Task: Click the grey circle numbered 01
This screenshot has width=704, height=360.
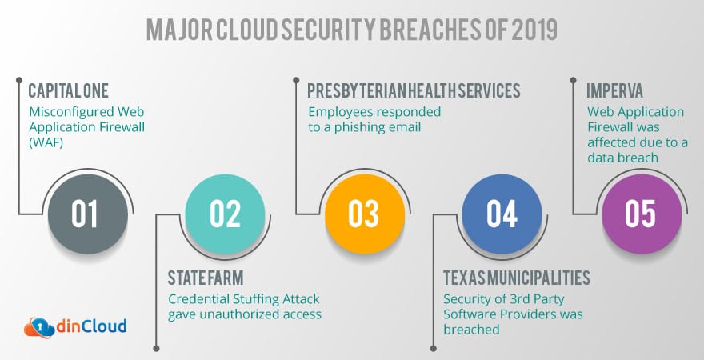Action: [x=88, y=214]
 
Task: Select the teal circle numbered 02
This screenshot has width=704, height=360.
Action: [x=225, y=214]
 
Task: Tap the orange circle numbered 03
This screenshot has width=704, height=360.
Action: [x=365, y=214]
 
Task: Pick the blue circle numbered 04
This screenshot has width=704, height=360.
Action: [x=502, y=214]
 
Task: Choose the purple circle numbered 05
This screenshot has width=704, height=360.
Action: [x=642, y=214]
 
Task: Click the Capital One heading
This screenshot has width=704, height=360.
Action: [x=68, y=90]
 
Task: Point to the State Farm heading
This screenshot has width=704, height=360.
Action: [x=206, y=278]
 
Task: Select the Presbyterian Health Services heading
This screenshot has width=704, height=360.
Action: [x=414, y=90]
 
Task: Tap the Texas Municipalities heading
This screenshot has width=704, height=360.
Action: [x=517, y=278]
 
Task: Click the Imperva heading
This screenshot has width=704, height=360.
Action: [x=614, y=90]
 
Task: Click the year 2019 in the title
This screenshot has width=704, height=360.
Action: [x=534, y=30]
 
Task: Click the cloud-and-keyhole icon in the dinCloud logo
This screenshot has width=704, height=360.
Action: [x=39, y=328]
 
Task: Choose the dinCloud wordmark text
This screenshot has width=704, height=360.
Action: [x=91, y=326]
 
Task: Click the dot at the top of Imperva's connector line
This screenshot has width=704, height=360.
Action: [x=573, y=80]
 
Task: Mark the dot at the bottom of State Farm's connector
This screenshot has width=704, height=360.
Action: [x=156, y=348]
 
